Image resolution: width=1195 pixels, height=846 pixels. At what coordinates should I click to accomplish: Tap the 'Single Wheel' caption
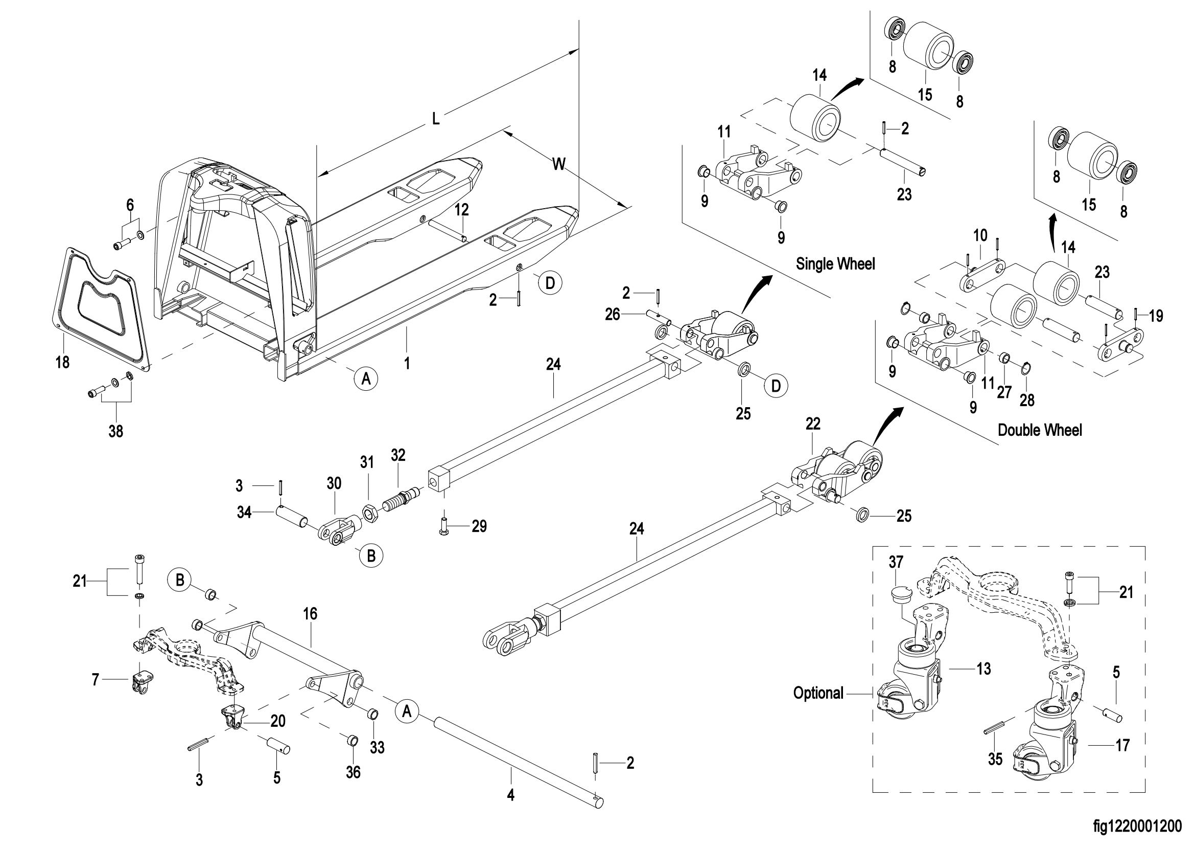(x=835, y=264)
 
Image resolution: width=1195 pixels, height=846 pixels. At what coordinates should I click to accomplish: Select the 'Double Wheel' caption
(x=1039, y=430)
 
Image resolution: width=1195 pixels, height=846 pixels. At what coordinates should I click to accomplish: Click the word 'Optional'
(x=818, y=693)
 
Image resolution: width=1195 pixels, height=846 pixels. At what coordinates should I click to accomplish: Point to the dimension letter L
(x=436, y=119)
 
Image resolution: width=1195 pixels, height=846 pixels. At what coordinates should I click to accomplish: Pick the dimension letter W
(x=558, y=164)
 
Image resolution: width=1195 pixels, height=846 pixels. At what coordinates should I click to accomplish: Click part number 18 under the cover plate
(x=62, y=362)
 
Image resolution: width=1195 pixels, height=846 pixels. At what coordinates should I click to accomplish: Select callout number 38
(x=115, y=431)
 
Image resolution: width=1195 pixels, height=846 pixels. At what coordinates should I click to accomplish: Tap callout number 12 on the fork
(x=462, y=209)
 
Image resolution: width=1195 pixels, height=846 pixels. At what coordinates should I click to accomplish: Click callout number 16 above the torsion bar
(x=310, y=614)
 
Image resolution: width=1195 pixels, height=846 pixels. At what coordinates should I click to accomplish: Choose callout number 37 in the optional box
(x=896, y=562)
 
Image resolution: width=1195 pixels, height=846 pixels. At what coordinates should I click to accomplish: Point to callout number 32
(x=398, y=455)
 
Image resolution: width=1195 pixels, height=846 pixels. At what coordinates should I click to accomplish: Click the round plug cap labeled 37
(x=899, y=593)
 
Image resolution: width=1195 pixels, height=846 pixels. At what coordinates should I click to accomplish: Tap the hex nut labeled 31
(x=369, y=515)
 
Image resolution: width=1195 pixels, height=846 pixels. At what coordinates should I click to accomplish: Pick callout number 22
(x=812, y=424)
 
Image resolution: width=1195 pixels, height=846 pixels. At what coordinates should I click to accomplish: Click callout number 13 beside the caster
(x=983, y=669)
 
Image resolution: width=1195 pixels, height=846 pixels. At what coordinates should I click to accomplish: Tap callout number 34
(x=244, y=513)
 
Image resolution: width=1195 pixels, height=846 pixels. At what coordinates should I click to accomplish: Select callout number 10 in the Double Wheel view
(x=980, y=235)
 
